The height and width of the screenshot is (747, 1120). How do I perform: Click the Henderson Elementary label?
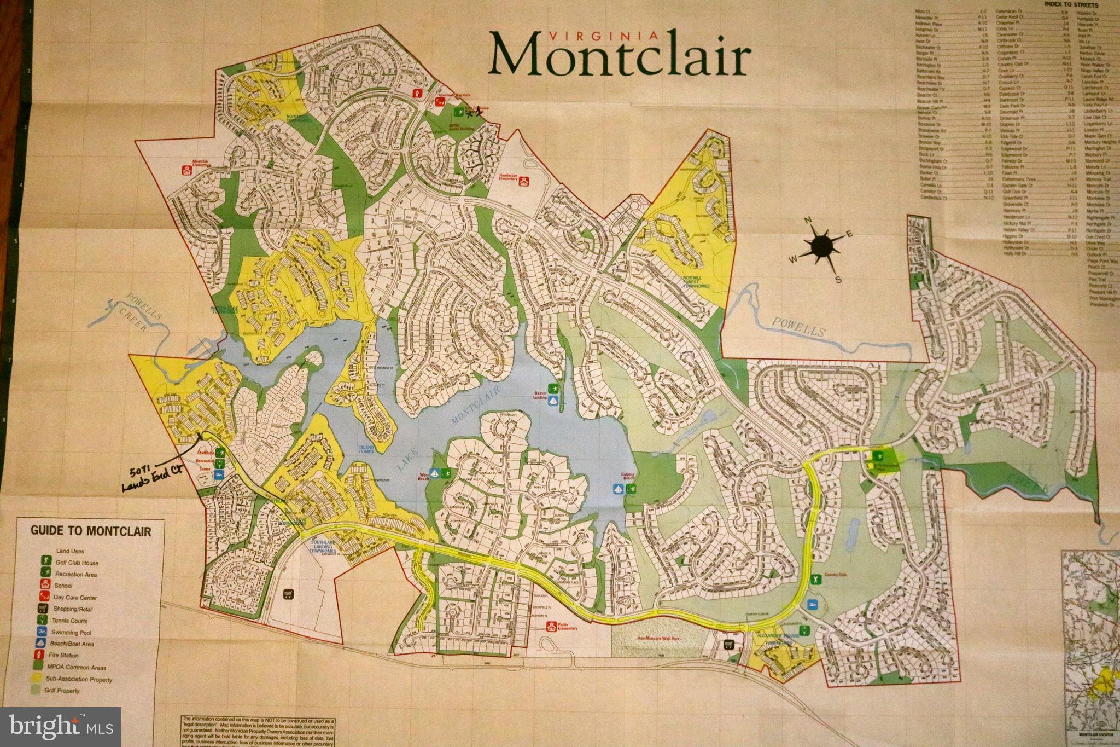[x=508, y=177]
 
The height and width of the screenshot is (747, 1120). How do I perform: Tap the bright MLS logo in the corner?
[x=60, y=726]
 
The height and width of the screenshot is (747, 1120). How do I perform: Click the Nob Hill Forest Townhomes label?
[x=696, y=282]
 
